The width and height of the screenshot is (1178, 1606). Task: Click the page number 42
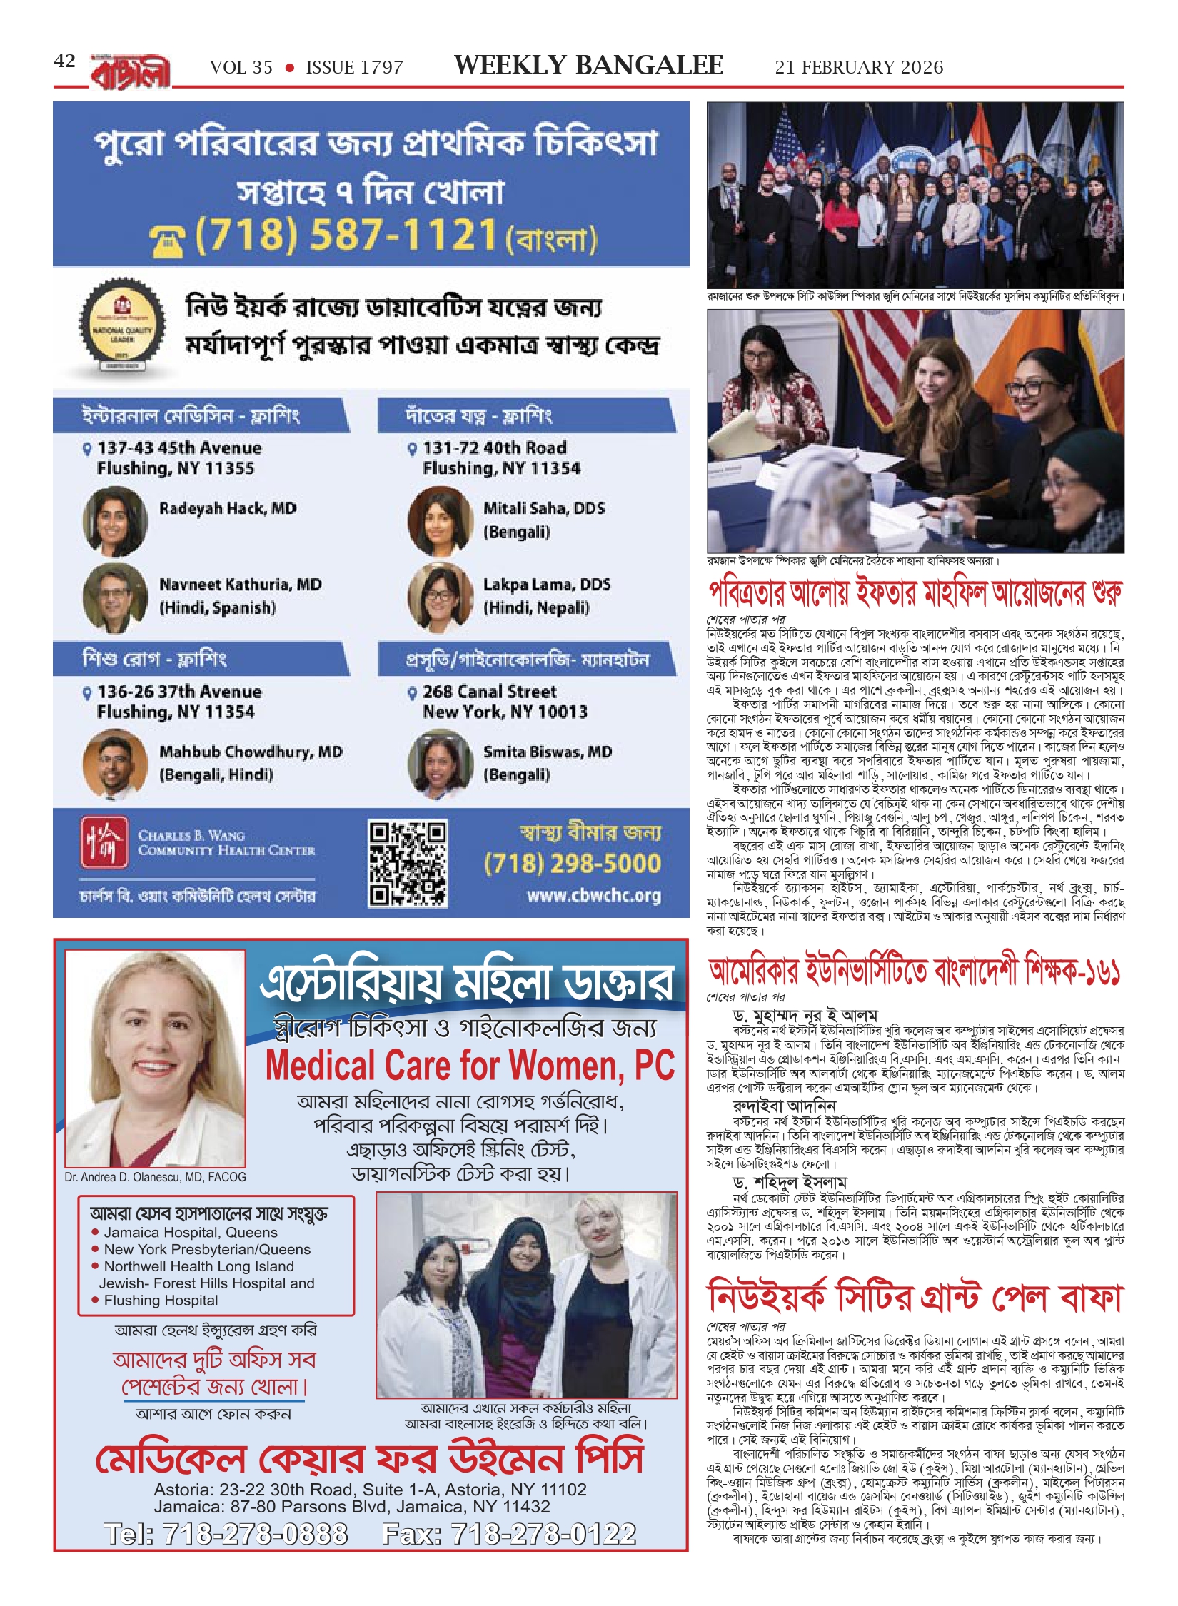click(x=64, y=61)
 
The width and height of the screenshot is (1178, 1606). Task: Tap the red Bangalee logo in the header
click(x=131, y=72)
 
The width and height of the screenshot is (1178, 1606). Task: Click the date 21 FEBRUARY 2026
click(x=859, y=67)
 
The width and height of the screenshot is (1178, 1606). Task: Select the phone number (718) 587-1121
click(x=346, y=235)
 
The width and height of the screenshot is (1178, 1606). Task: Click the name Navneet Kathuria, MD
click(x=240, y=584)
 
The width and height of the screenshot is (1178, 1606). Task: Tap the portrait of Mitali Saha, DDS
click(x=440, y=521)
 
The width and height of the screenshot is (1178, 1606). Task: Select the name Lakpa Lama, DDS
click(x=547, y=584)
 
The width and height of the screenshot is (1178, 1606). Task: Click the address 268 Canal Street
click(x=490, y=691)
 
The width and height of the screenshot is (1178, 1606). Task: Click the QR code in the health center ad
click(x=408, y=864)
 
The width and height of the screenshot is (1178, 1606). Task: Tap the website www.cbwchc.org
click(x=593, y=895)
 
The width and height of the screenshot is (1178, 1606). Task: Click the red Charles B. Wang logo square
click(x=104, y=842)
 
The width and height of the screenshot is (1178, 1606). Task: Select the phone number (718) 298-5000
click(x=572, y=863)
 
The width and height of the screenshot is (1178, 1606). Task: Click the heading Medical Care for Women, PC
click(x=470, y=1066)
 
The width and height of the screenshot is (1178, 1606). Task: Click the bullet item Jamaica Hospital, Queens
click(x=191, y=1232)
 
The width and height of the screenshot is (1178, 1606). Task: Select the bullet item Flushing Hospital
click(x=161, y=1300)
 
